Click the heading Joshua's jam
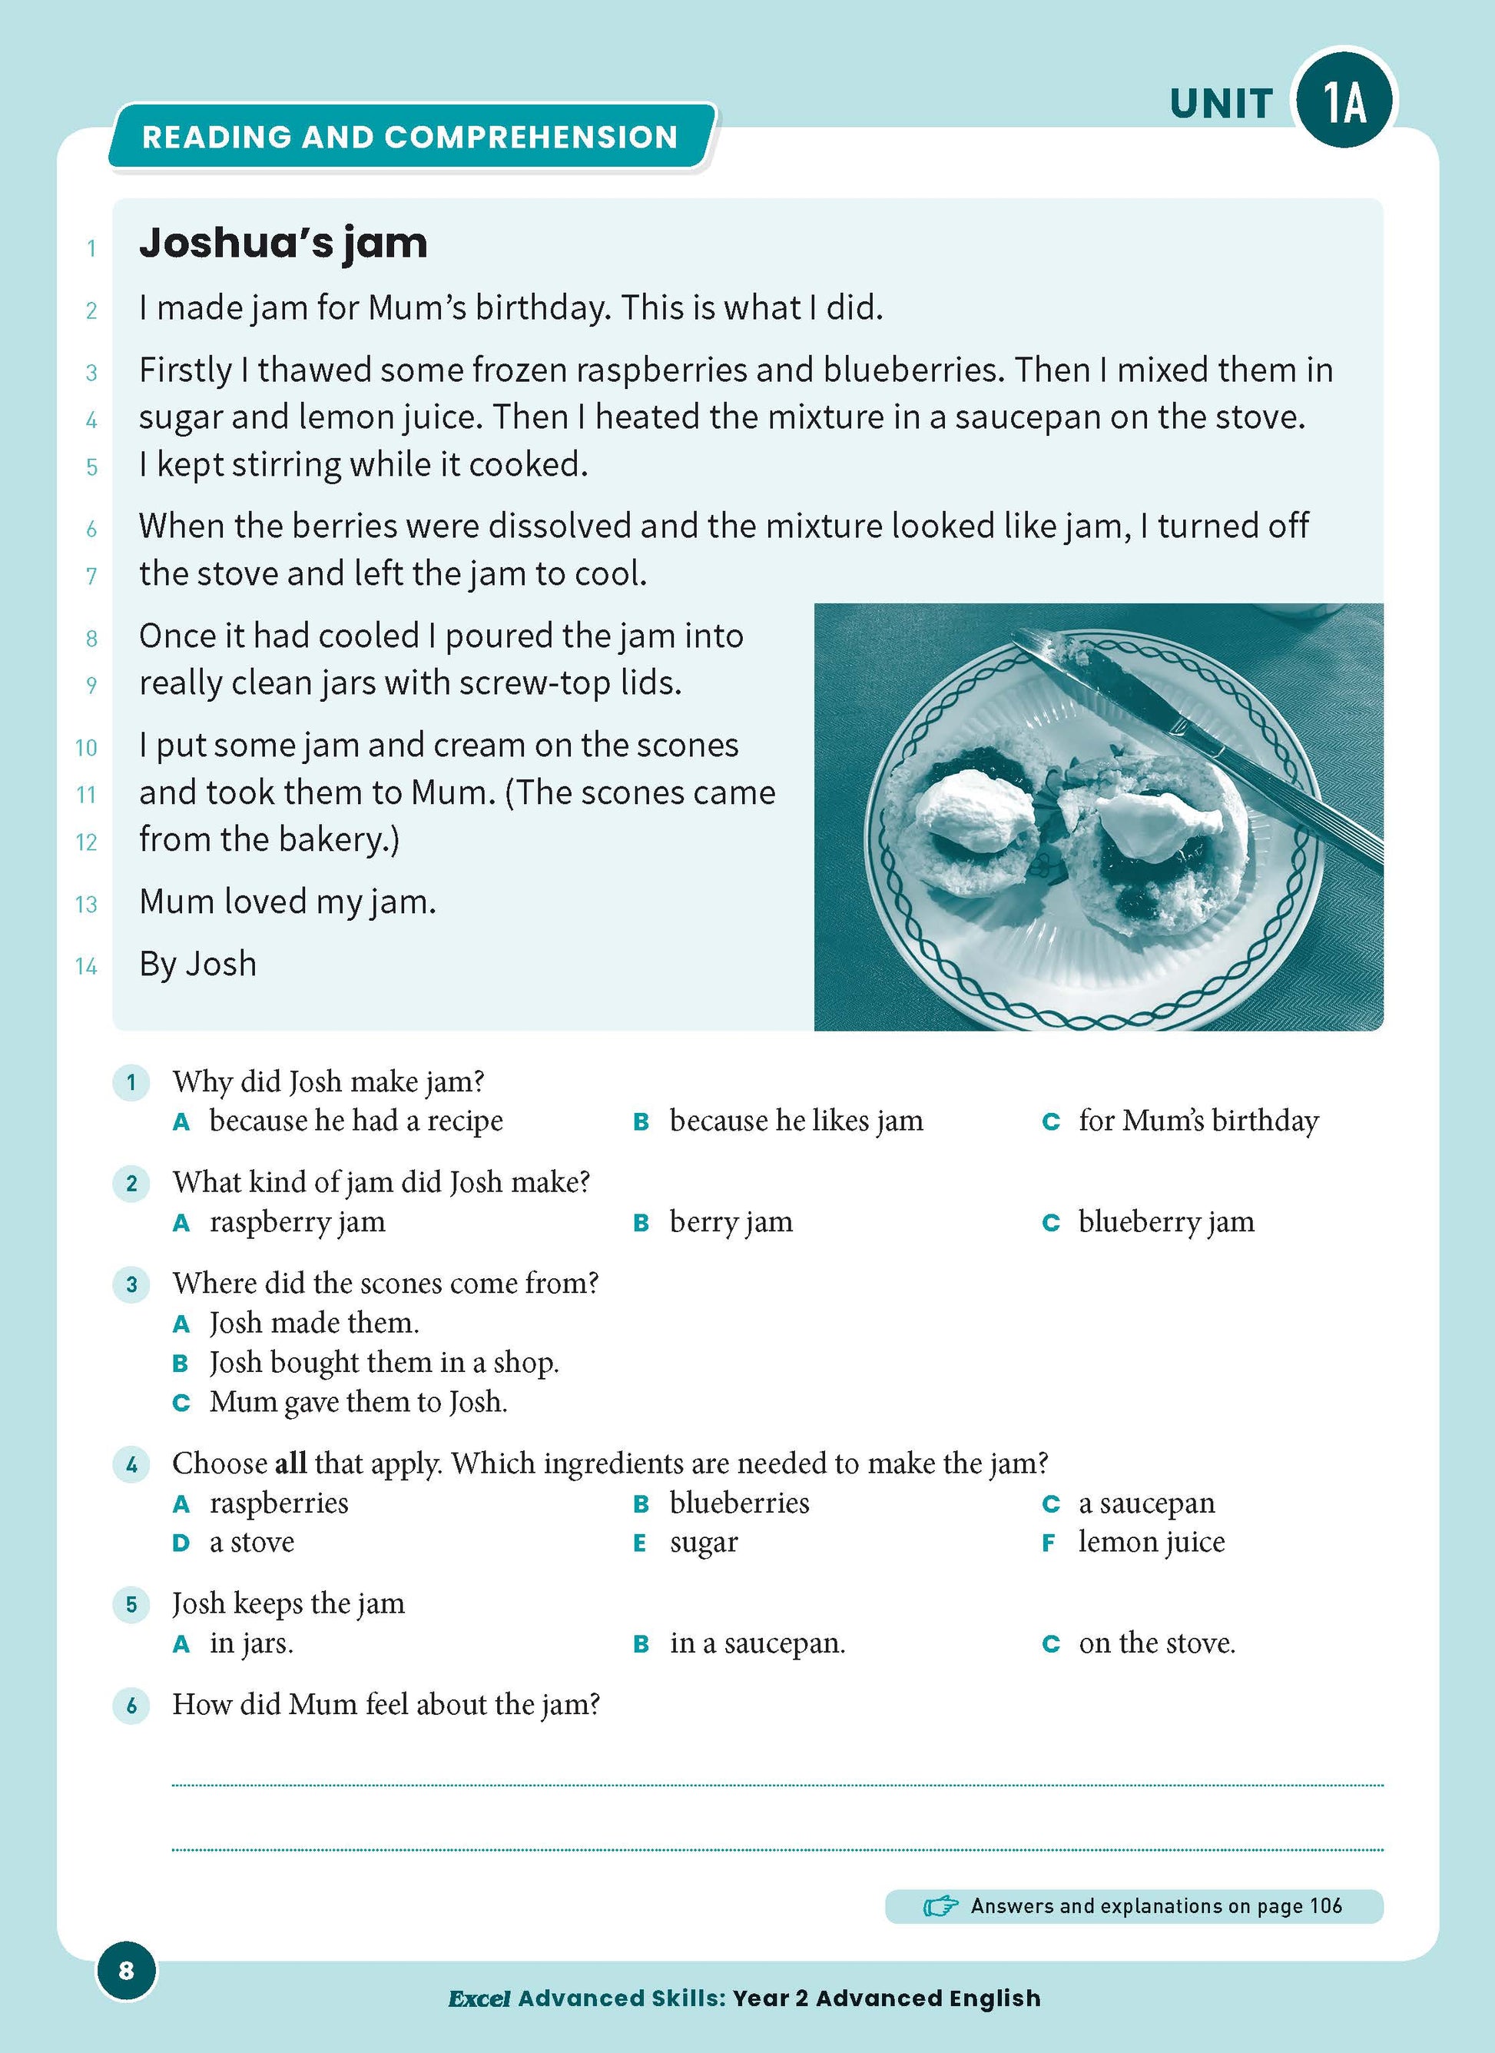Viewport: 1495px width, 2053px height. pos(283,244)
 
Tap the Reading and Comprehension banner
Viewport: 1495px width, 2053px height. pos(410,137)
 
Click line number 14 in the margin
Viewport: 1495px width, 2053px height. pos(86,967)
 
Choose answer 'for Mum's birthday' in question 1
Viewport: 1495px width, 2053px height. pos(1198,1121)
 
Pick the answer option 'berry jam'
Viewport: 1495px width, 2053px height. pos(731,1222)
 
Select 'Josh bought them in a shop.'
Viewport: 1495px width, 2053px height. pos(383,1362)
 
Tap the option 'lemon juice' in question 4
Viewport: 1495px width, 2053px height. pos(1151,1542)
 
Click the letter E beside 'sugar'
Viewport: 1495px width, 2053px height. pos(640,1543)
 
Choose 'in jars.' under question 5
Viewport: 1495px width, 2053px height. pos(251,1643)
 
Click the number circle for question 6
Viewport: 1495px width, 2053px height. pos(131,1706)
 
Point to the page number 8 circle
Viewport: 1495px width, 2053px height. pos(126,1970)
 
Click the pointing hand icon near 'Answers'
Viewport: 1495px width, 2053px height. pos(940,1906)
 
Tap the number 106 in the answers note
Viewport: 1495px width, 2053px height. pos(1325,1905)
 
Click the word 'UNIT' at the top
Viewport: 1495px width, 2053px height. pos(1221,104)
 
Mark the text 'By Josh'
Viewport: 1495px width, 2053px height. pos(198,964)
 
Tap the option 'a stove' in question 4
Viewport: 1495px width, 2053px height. pos(251,1542)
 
